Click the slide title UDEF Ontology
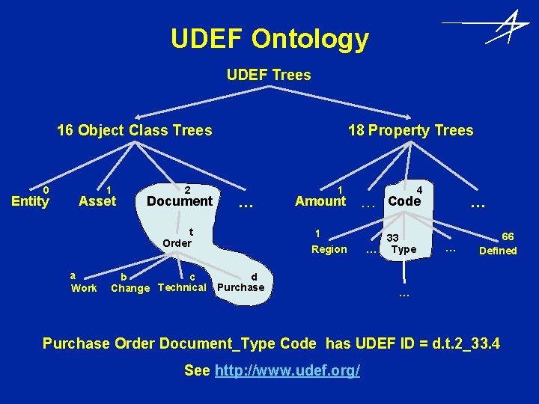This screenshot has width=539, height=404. [269, 38]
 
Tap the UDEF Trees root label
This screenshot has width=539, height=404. [269, 75]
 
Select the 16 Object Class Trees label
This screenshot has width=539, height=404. [135, 130]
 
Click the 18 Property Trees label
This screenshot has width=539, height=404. [410, 130]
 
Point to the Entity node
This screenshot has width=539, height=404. [31, 201]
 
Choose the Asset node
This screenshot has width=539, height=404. [97, 201]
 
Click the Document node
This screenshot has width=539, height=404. [180, 201]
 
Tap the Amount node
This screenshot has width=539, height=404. [320, 201]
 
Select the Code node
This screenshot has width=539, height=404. [404, 201]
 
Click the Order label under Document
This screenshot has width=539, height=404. [177, 242]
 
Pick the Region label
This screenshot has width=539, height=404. [329, 249]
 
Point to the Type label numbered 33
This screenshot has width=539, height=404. [404, 249]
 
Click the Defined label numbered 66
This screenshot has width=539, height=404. [498, 251]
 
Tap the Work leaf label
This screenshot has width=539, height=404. [84, 288]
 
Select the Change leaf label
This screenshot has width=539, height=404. [130, 288]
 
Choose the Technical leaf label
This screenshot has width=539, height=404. [182, 287]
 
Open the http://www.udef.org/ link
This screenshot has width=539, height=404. [287, 371]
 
